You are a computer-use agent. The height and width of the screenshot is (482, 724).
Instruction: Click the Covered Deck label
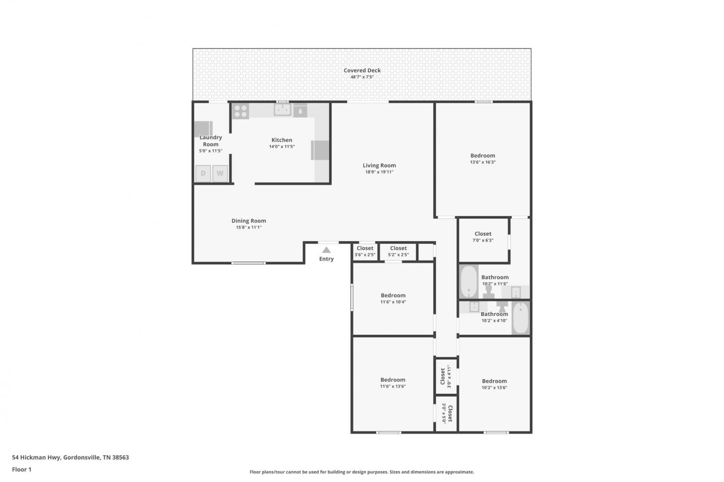click(362, 70)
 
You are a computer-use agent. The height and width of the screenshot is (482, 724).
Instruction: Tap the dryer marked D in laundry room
click(203, 174)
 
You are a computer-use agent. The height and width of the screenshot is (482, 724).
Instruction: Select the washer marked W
click(220, 174)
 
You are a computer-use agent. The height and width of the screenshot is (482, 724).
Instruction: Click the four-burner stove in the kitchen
click(241, 111)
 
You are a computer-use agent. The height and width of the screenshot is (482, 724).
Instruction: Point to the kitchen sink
click(282, 110)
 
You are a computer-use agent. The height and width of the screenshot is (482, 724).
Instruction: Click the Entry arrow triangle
click(326, 250)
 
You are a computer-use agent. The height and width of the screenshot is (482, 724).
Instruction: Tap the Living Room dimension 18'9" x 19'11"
click(379, 172)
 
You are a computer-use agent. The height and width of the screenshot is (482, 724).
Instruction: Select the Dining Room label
click(249, 220)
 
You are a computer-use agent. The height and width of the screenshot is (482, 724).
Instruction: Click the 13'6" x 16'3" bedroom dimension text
click(483, 162)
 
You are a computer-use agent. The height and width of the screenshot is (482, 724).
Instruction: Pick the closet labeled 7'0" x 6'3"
click(483, 240)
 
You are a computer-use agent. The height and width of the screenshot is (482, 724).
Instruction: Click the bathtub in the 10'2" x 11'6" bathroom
click(469, 282)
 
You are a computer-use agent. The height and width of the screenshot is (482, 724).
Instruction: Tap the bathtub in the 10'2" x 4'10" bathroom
click(520, 317)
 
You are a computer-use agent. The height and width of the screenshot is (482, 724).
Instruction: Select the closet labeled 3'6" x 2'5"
click(365, 252)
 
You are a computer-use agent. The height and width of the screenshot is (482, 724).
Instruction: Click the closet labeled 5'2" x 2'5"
click(398, 252)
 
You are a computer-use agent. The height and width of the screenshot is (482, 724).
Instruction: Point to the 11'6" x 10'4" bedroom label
click(393, 295)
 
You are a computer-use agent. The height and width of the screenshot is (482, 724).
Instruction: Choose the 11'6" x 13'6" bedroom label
click(393, 380)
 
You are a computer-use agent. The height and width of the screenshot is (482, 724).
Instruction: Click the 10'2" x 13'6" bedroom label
click(494, 381)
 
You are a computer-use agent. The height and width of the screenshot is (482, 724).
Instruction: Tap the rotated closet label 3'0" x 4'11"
click(446, 377)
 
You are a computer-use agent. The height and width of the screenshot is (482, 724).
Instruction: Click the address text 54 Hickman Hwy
click(36, 457)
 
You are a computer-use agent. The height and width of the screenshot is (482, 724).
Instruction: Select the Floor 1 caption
click(22, 469)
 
